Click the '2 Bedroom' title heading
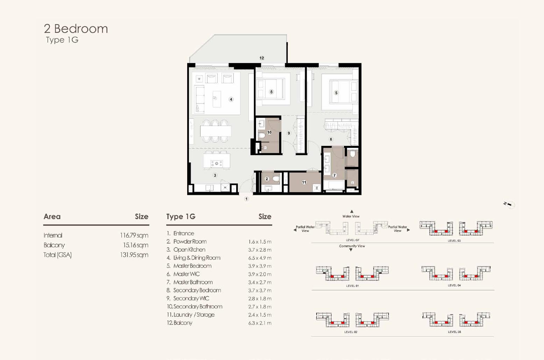[76, 29]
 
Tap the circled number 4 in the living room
[231, 99]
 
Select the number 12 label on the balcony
[262, 58]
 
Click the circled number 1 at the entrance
[246, 199]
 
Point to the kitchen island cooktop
[217, 164]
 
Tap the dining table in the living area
[216, 131]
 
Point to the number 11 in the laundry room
[304, 182]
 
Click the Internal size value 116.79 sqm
[134, 235]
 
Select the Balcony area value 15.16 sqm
[135, 245]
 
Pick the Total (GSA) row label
[58, 255]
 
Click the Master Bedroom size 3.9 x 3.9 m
[260, 266]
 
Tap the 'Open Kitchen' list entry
[186, 249]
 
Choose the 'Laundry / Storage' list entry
[191, 315]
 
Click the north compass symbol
[509, 205]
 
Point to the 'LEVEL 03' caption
[454, 241]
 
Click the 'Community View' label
[352, 246]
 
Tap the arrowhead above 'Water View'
[352, 212]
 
